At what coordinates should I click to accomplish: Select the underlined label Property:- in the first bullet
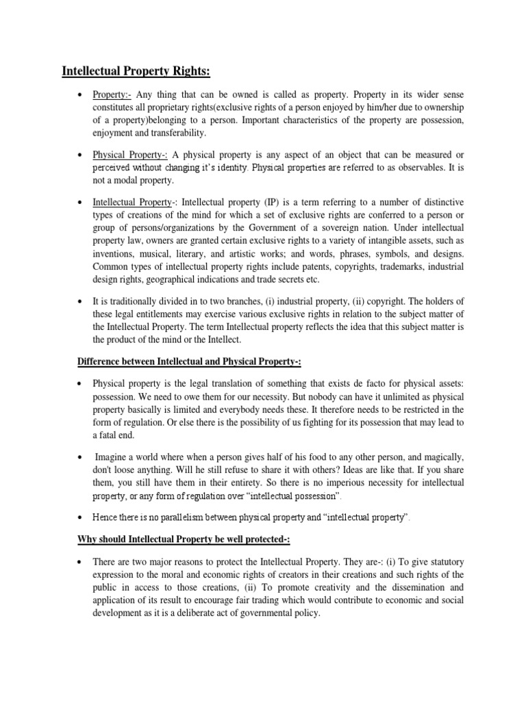113,94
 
